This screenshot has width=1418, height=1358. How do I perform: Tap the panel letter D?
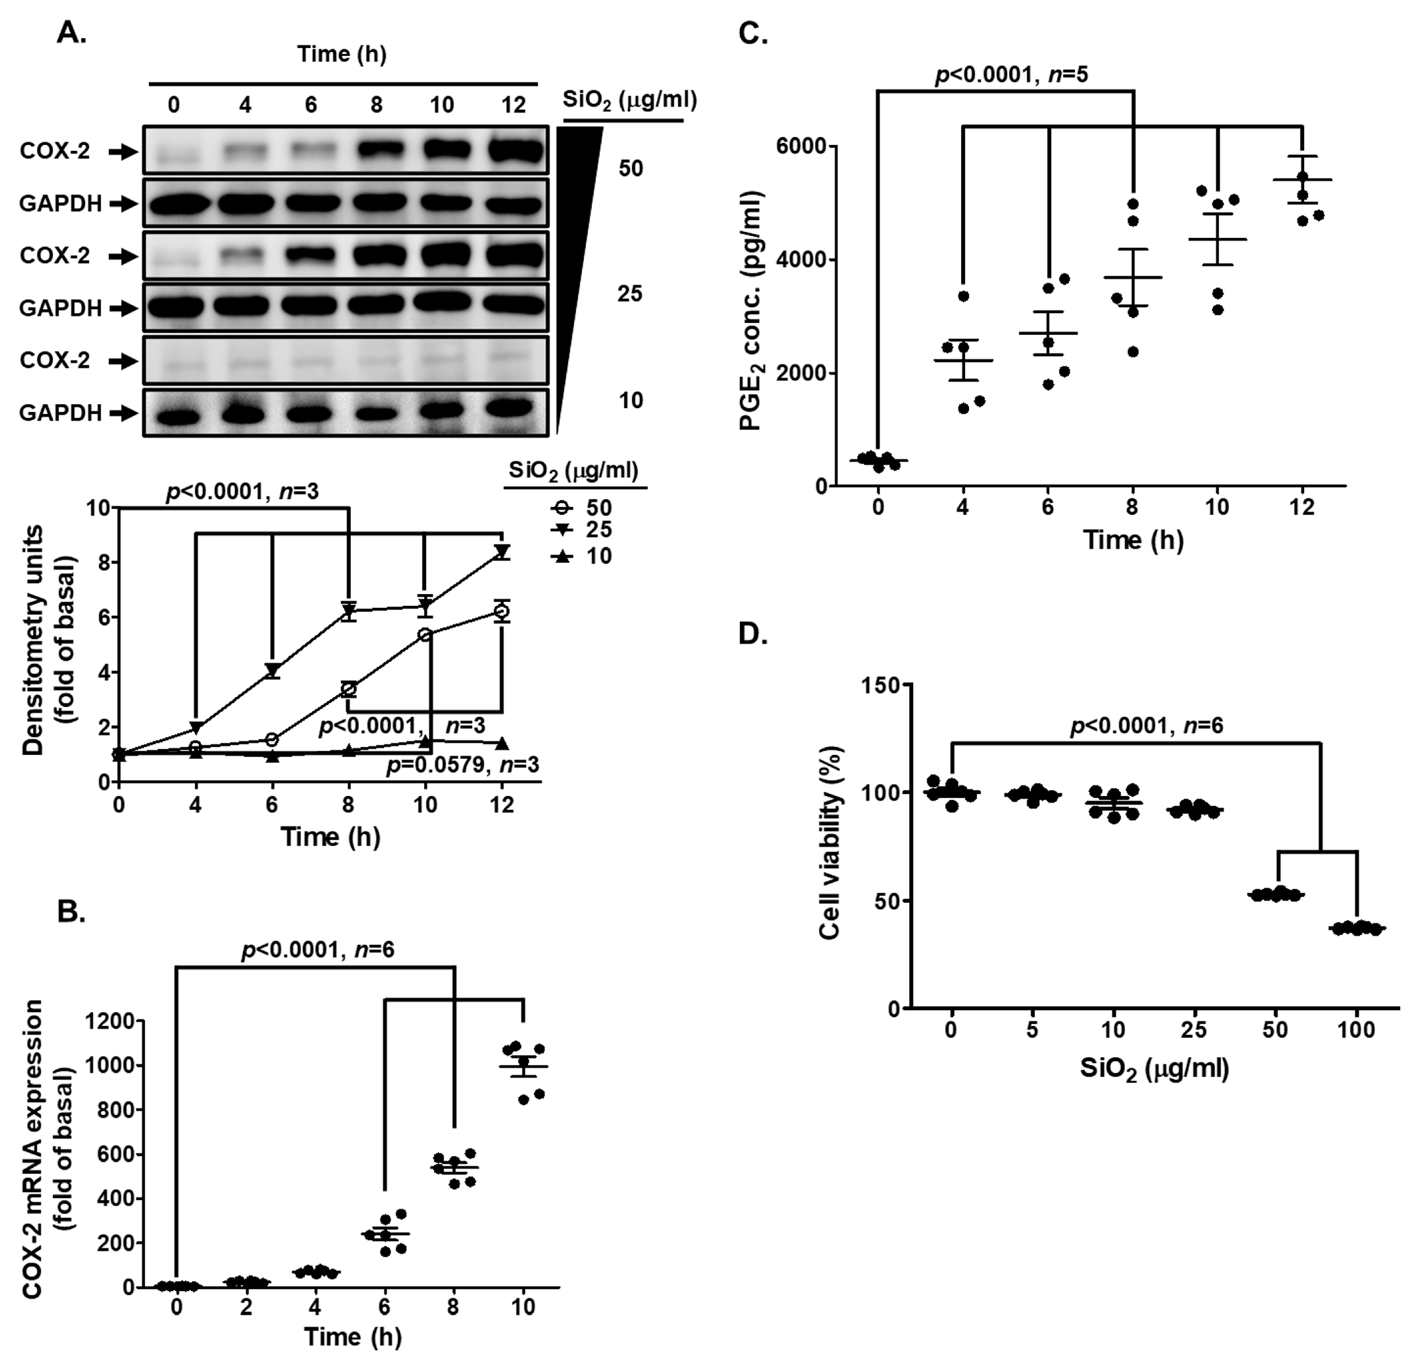(x=752, y=634)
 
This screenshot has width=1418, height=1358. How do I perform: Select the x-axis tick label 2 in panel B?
(x=246, y=1307)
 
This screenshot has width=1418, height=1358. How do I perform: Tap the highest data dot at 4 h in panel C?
(x=963, y=296)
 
